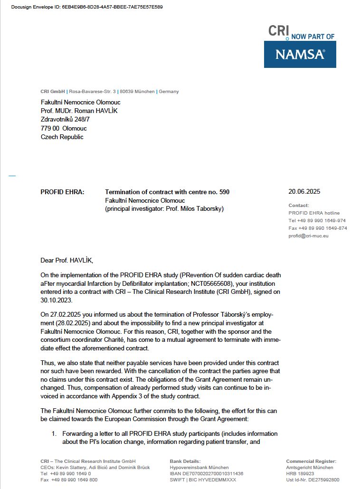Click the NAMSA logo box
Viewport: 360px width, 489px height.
tap(300, 54)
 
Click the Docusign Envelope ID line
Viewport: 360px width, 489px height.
tap(86, 7)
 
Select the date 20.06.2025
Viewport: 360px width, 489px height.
tap(304, 192)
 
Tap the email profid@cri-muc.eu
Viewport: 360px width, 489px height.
tap(308, 235)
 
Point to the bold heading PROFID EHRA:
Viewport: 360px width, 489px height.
tap(63, 192)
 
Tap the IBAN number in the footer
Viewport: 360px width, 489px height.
tap(207, 473)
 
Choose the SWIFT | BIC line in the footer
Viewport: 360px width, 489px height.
tap(203, 480)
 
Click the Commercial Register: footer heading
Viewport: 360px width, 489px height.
tap(311, 461)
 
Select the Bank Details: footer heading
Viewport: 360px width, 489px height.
tap(185, 461)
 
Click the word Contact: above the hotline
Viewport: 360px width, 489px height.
tap(299, 205)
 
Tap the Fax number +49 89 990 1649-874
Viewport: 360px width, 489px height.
tap(317, 228)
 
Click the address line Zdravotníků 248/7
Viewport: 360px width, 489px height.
tap(66, 120)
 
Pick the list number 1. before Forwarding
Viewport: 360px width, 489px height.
tap(54, 434)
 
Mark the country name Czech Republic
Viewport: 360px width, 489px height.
tap(62, 137)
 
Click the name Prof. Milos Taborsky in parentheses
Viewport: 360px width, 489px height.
tap(195, 209)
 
